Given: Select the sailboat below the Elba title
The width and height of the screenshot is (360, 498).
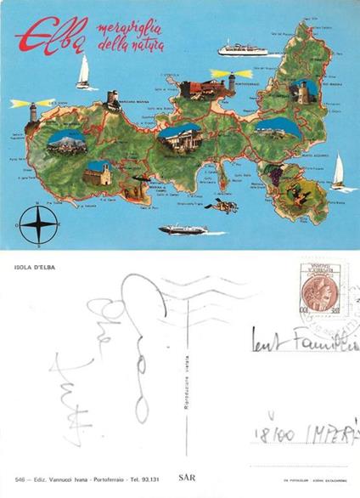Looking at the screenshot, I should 83,72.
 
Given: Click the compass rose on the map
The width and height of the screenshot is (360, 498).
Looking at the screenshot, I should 38,224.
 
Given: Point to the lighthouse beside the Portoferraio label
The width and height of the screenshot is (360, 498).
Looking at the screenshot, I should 230,82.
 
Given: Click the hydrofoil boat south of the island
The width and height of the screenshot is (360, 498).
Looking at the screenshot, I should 183,229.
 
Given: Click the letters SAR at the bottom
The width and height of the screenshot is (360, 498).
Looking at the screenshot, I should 187,478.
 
